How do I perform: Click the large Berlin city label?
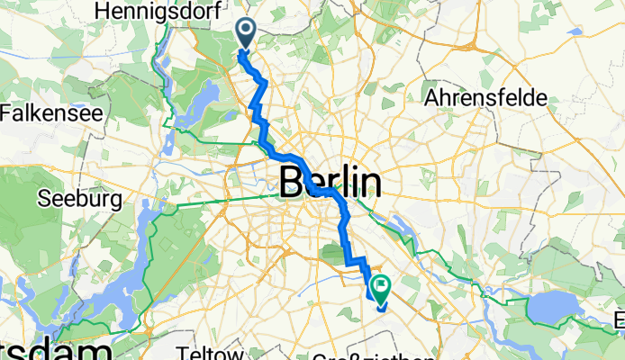tap(331, 183)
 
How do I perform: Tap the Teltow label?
tap(209, 352)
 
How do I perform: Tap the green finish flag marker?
tap(378, 289)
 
